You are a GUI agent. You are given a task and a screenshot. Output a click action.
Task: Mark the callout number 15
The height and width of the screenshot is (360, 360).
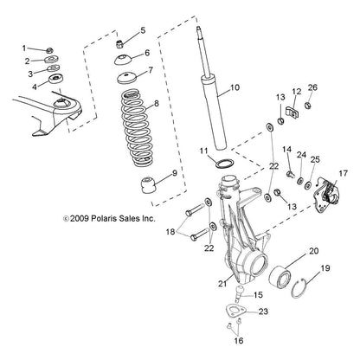pos(247,295)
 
